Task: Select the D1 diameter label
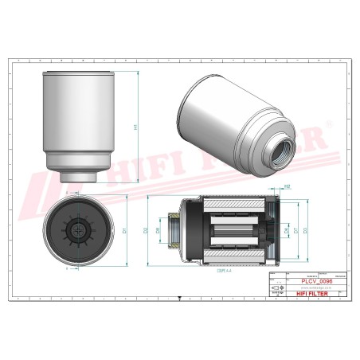coord(125,230)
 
